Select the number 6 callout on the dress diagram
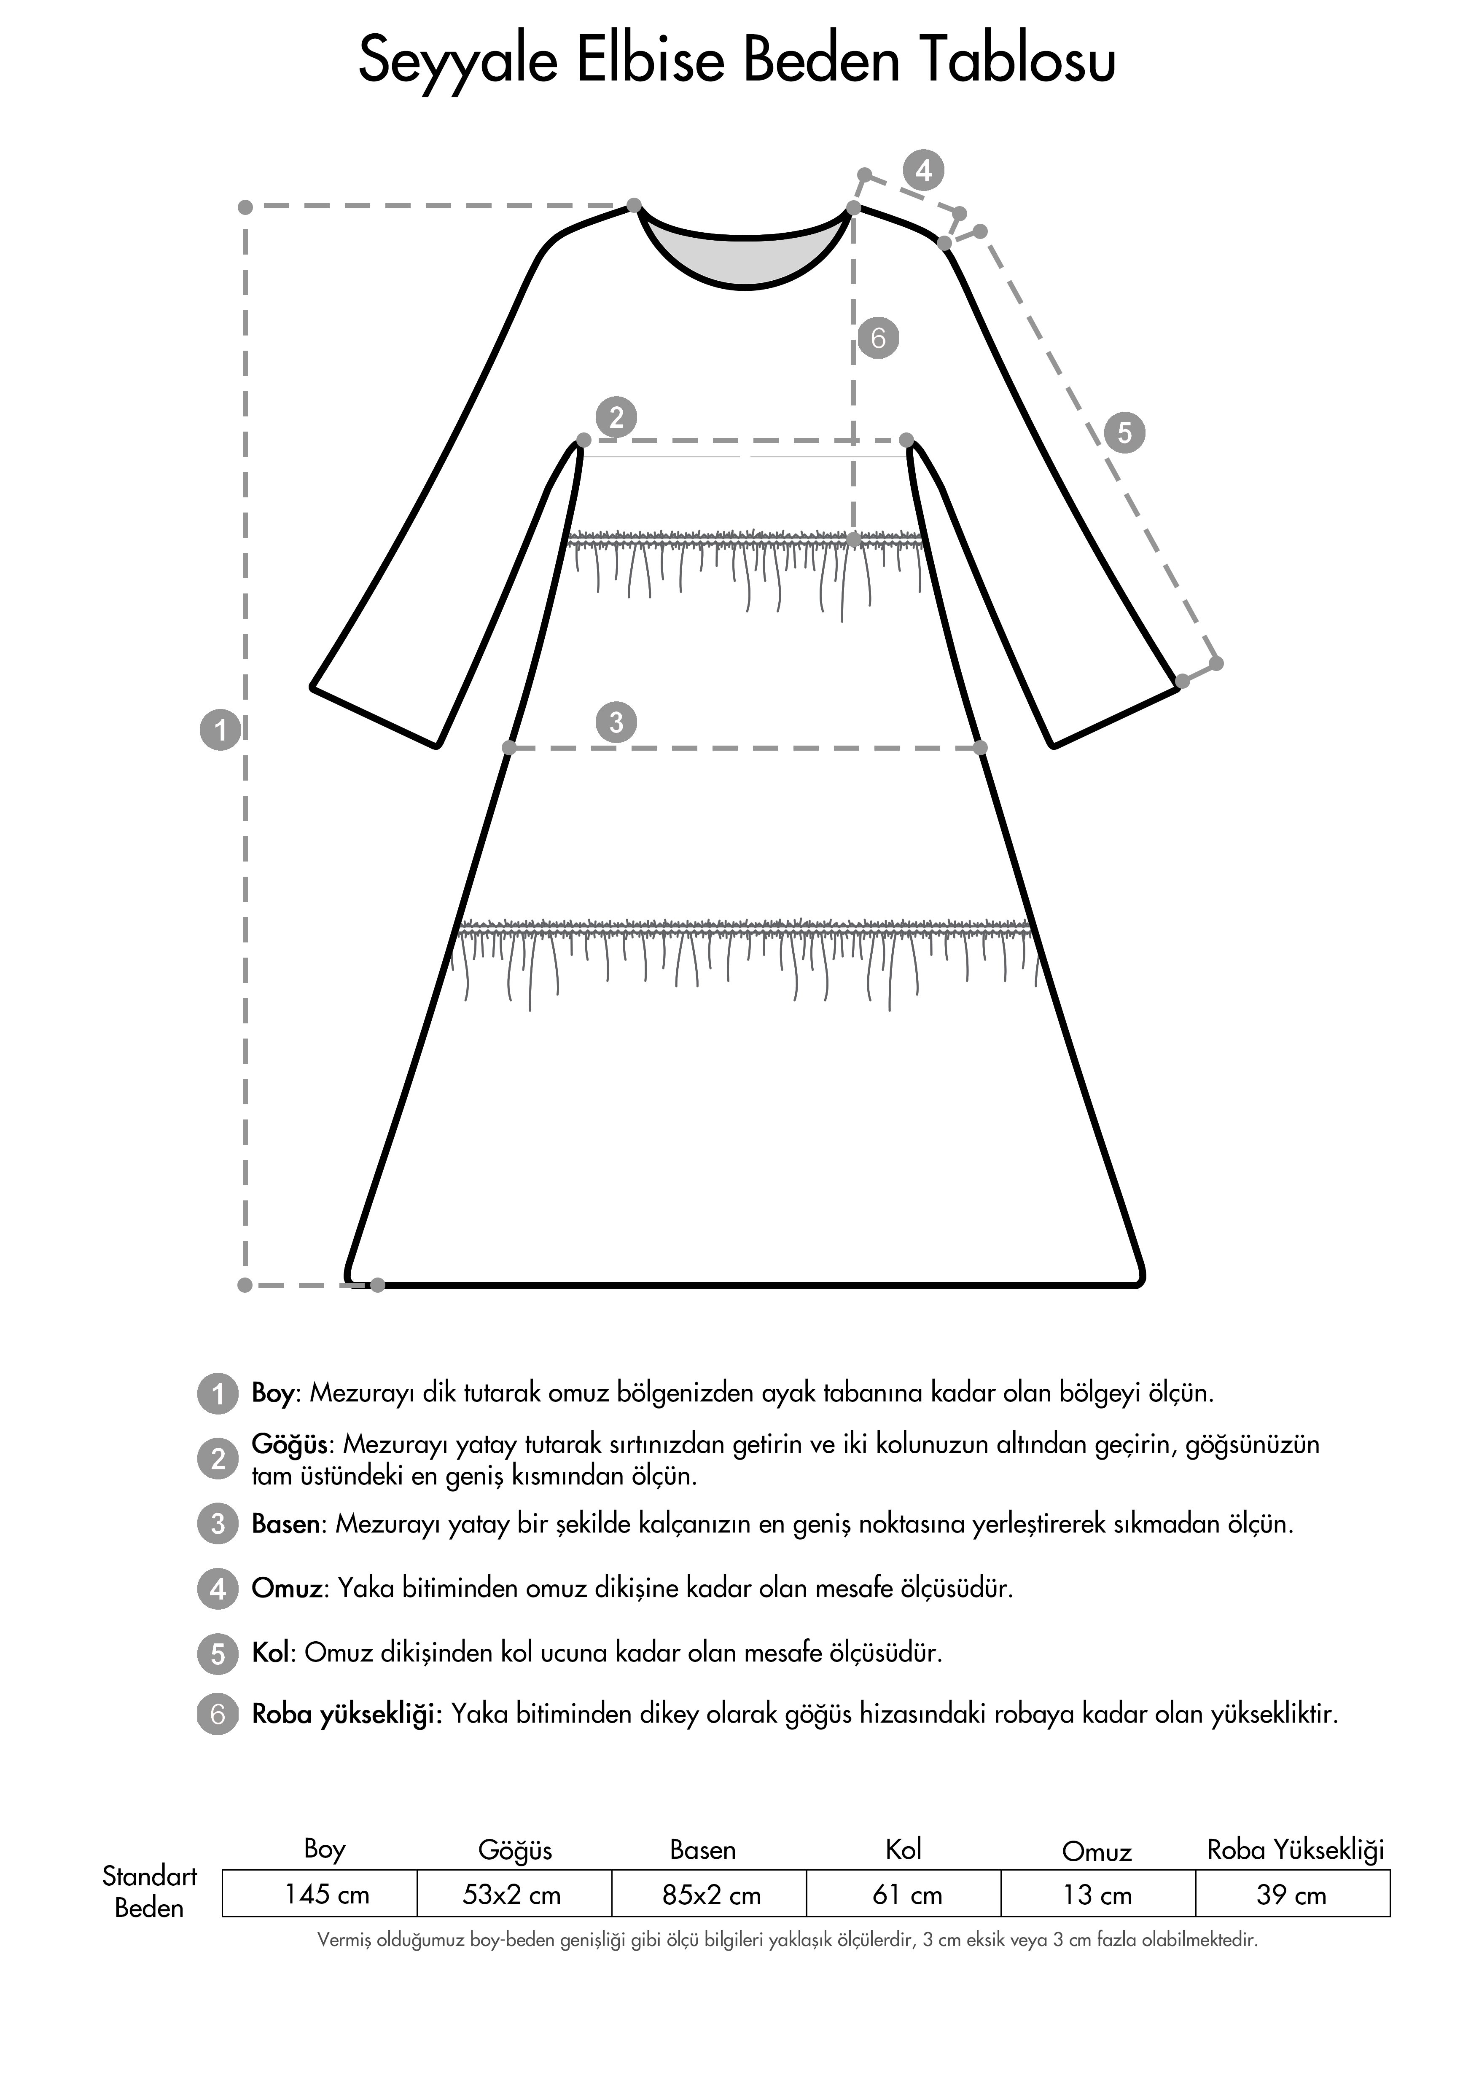tap(878, 338)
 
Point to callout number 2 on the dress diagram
tap(616, 417)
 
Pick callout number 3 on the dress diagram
tap(616, 722)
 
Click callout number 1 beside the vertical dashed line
tap(220, 730)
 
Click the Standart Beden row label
tap(149, 1892)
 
